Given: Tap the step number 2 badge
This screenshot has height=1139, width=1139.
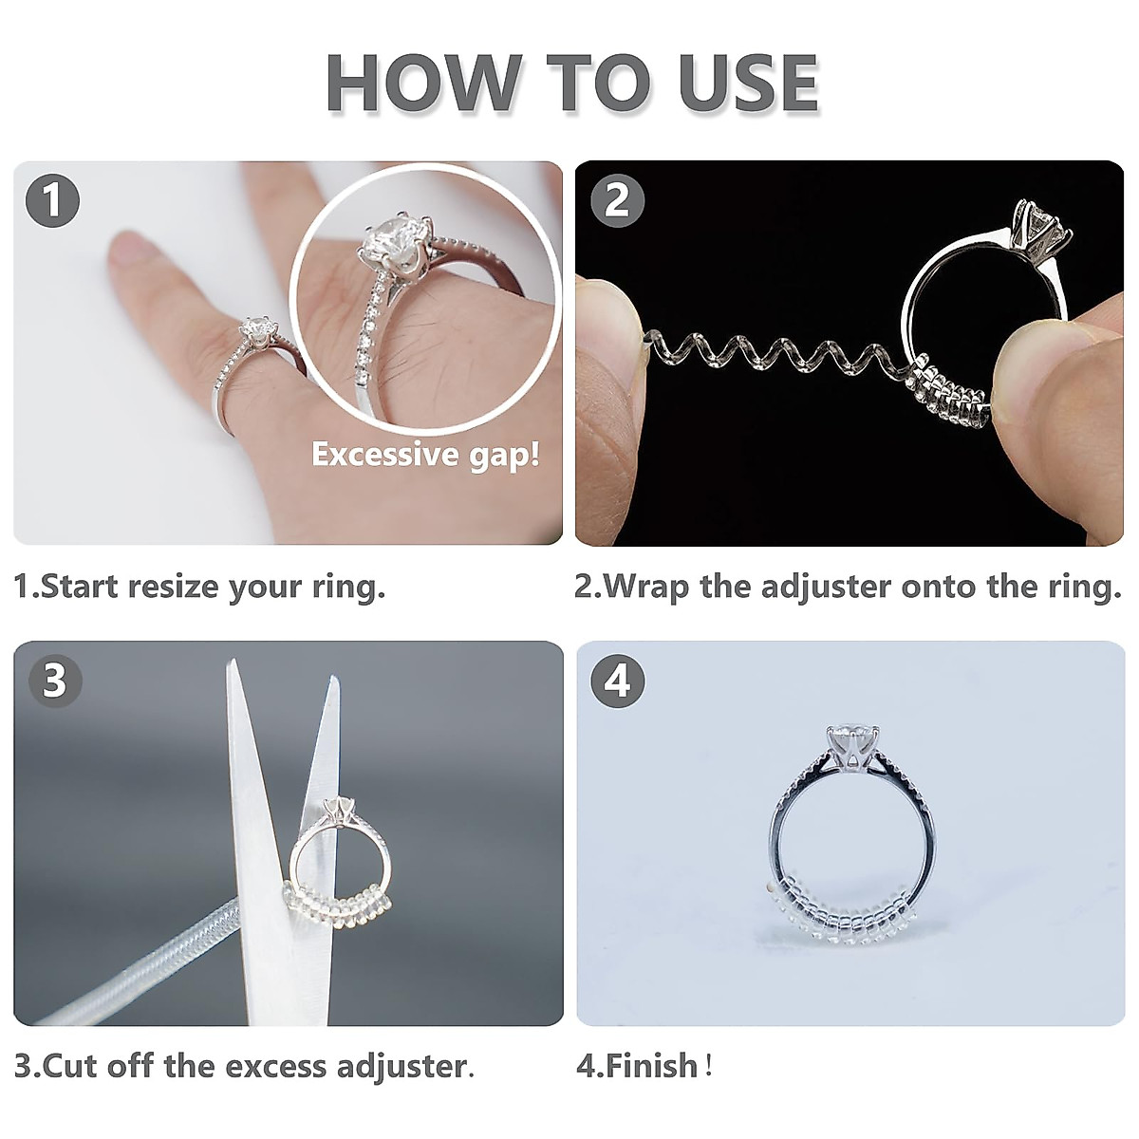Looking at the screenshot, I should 617,201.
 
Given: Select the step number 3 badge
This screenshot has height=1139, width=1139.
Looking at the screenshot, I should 54,681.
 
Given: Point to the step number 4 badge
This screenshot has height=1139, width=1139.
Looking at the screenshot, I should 617,681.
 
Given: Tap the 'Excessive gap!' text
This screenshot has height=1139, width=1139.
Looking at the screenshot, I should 425,455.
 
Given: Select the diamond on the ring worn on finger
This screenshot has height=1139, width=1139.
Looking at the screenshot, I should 257,333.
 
